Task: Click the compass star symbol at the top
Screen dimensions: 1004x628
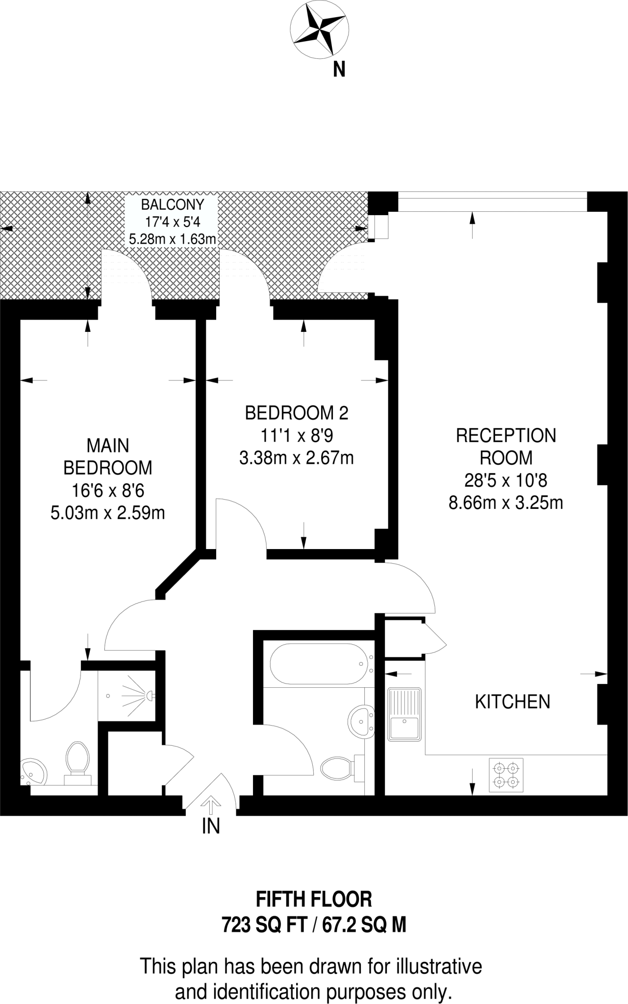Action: coord(320,29)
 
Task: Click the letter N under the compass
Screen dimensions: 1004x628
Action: coord(339,70)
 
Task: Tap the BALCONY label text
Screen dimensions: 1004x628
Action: coord(172,204)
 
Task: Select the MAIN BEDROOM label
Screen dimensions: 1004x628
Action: coord(108,456)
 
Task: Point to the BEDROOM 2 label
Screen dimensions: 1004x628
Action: coord(297,413)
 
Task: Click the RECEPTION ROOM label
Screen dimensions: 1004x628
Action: coord(506,446)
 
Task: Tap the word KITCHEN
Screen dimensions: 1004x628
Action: coord(512,702)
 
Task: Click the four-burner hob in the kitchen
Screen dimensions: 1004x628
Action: coord(506,775)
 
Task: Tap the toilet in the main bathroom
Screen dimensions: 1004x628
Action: coord(340,767)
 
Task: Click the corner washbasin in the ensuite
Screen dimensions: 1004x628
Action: coord(33,772)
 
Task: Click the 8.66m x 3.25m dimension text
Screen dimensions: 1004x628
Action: coord(505,502)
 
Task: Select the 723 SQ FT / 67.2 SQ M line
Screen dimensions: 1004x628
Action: coord(314,926)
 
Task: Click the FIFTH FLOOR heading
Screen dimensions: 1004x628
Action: coord(314,900)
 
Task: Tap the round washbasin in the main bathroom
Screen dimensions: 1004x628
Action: coord(362,721)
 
